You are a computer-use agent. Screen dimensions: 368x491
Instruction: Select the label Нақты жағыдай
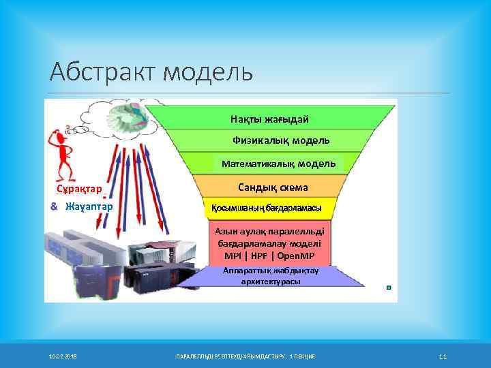click(269, 119)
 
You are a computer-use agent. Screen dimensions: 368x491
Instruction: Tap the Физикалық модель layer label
click(281, 140)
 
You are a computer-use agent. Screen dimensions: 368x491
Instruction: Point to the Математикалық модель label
click(278, 164)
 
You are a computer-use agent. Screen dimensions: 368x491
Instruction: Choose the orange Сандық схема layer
click(273, 187)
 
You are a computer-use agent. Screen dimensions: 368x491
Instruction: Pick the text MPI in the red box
click(233, 256)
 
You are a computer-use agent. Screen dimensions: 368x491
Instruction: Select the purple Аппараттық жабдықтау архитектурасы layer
click(270, 276)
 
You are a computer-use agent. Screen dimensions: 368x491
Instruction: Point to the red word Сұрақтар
click(79, 189)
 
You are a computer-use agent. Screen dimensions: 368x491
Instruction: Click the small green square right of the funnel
click(388, 288)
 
